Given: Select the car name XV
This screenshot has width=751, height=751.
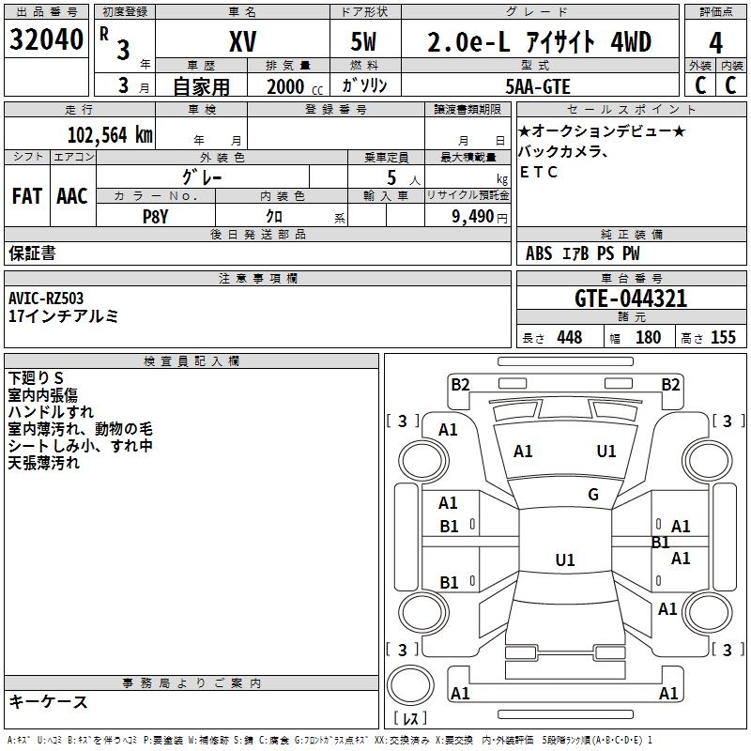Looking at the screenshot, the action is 242,42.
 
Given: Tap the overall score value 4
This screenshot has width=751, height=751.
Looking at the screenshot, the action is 715,43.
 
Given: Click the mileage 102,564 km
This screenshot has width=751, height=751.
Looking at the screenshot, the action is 110,134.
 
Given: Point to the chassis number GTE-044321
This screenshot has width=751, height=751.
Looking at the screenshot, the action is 631,299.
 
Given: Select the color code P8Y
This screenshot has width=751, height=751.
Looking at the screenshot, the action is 156,215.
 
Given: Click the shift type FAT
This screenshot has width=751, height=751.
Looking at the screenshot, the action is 27,195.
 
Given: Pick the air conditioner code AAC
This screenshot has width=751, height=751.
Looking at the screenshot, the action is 71,195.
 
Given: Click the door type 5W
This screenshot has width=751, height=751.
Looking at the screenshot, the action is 365,42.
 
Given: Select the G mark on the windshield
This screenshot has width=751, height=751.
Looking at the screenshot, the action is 593,494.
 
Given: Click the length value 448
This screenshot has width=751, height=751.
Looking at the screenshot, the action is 569,338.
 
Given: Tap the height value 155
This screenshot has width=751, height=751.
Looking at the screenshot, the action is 723,338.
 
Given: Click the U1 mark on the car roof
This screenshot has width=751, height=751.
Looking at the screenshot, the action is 564,559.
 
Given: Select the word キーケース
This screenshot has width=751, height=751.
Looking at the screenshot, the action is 49,702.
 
